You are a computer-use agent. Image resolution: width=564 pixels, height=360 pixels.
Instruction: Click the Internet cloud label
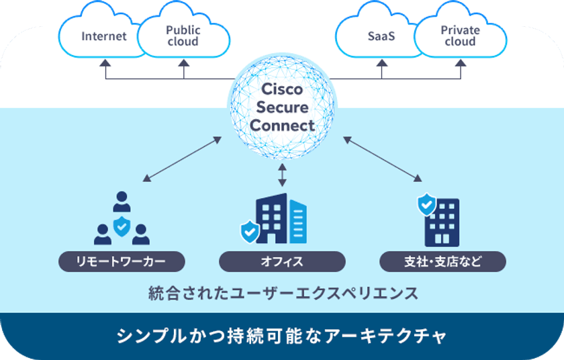[x=104, y=36]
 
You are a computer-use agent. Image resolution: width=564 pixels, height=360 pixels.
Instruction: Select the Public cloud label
[x=183, y=36]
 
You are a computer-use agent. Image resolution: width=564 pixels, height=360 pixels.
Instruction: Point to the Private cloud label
[x=460, y=36]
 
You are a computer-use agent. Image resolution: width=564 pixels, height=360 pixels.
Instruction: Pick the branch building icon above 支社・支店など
[x=442, y=222]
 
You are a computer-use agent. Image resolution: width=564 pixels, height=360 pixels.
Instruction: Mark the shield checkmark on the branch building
[x=426, y=204]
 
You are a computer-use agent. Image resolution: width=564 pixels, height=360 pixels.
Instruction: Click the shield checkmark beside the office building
[x=250, y=232]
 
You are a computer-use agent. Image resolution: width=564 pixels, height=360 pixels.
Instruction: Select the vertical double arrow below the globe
[x=282, y=173]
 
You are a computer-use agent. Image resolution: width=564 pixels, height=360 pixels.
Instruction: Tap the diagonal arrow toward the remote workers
[x=183, y=159]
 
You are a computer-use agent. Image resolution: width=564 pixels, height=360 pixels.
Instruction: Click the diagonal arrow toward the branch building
[x=383, y=159]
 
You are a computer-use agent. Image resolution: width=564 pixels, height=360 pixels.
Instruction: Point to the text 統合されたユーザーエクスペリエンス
[x=282, y=294]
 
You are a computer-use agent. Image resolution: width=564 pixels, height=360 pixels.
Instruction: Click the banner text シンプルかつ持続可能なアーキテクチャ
[x=282, y=334]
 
